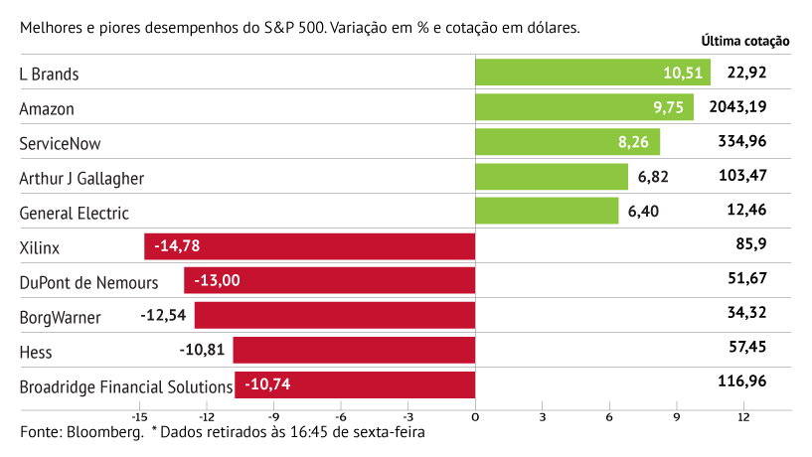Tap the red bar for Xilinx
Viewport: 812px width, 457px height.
tap(309, 245)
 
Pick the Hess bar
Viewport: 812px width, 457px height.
tap(354, 350)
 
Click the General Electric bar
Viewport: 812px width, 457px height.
tap(547, 211)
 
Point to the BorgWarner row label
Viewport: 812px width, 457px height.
tap(60, 317)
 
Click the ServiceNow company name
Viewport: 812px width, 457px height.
tap(61, 143)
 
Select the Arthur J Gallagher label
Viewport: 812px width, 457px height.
tap(82, 178)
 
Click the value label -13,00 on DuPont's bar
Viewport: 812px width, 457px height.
tap(217, 281)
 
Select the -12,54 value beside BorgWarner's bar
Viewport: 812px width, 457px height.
tap(165, 316)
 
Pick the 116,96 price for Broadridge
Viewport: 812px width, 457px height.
tap(741, 381)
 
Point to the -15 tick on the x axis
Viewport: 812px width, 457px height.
tap(139, 417)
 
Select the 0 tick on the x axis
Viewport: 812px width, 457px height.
tap(475, 417)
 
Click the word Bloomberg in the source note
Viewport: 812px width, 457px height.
tap(103, 433)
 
